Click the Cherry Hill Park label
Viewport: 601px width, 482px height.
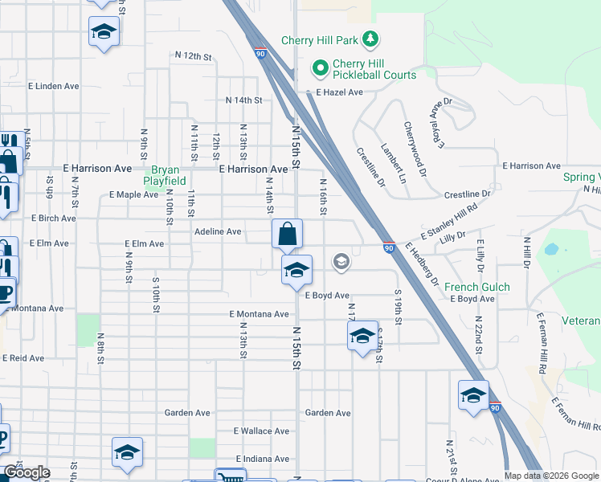[x=320, y=40]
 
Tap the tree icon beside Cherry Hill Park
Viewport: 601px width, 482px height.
[x=370, y=39]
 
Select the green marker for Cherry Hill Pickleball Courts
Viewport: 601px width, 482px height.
[x=320, y=68]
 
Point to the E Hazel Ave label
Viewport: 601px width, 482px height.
[x=339, y=92]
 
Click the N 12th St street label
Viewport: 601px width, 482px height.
[x=193, y=56]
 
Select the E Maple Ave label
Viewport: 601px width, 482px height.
[x=133, y=194]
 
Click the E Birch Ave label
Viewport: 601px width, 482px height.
[x=53, y=219]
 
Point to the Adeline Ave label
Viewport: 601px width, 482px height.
[x=218, y=231]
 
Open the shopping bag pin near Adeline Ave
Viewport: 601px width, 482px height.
[x=287, y=235]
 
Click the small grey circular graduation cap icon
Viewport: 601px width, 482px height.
[x=341, y=261]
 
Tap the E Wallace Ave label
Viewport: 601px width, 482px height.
[x=261, y=431]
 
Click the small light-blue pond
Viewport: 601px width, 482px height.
[x=551, y=249]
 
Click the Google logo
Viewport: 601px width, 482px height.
[x=27, y=472]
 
